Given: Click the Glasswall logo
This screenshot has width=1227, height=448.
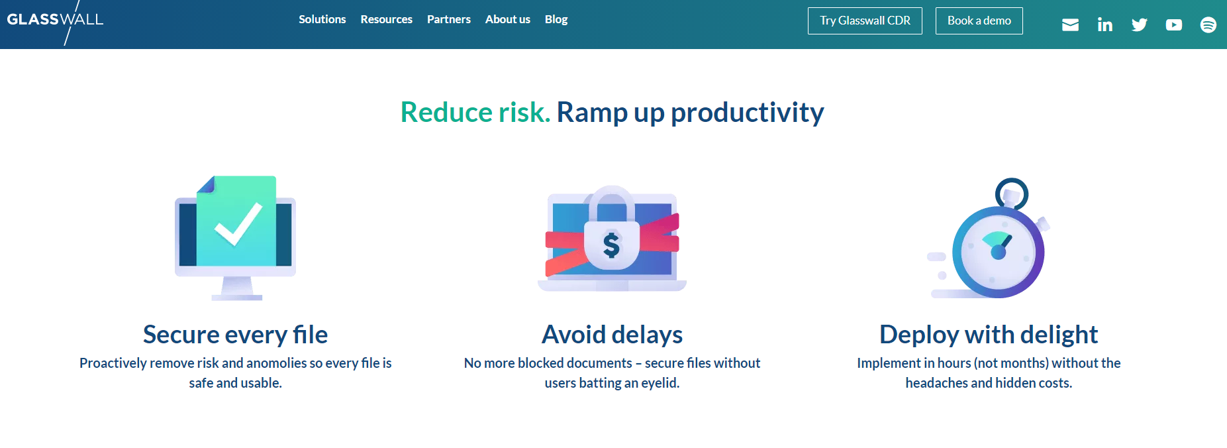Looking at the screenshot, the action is [x=55, y=21].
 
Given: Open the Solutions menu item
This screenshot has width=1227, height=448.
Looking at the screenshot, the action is [x=322, y=20].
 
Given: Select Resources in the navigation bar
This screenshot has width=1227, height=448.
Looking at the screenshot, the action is [x=386, y=20].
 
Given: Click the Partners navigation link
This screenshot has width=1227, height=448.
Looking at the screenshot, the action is [x=448, y=20].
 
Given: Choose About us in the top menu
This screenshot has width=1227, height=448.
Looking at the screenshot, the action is [x=507, y=20].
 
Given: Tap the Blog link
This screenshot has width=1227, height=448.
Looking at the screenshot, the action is [x=556, y=20].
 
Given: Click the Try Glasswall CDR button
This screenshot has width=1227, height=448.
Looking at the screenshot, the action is [x=865, y=21].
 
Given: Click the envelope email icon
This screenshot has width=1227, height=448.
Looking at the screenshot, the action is [x=1070, y=25].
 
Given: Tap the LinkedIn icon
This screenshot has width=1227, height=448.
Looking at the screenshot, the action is [x=1104, y=25].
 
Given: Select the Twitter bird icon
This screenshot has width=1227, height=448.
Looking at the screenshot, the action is [x=1139, y=25].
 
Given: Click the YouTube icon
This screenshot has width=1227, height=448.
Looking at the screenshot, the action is [x=1173, y=25].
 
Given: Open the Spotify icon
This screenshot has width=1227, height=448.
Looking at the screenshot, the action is [x=1208, y=25].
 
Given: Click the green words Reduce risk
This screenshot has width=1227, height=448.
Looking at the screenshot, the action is [x=475, y=112].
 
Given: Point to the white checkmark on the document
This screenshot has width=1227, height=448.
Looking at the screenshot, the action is [x=238, y=224].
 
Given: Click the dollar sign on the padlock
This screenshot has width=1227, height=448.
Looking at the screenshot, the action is [x=611, y=245].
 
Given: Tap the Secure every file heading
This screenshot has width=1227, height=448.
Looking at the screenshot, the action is [x=235, y=335].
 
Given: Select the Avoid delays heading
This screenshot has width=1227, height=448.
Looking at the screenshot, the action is [x=612, y=335].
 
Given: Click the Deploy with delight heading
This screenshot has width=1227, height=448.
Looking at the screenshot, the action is [x=989, y=335].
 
